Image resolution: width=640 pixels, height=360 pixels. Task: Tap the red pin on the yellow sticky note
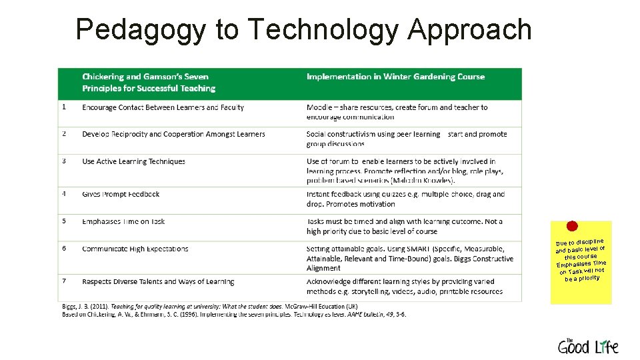[x=572, y=227]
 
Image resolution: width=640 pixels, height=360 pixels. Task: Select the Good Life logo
[x=587, y=345]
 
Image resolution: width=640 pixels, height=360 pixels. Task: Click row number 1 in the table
[x=63, y=107]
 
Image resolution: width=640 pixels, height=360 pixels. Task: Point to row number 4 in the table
[x=63, y=194]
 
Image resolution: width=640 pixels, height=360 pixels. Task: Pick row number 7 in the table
[x=63, y=281]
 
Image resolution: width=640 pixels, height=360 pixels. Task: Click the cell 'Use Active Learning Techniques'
[x=133, y=161]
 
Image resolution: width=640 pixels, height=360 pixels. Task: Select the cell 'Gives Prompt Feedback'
[x=121, y=194]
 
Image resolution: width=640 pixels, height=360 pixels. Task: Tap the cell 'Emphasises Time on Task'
[x=123, y=221]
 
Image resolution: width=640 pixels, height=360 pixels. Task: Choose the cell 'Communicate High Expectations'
[x=135, y=249]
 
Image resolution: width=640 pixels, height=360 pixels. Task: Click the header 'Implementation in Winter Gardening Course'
[x=395, y=77]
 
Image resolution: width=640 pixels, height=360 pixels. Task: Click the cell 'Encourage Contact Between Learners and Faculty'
[x=163, y=107]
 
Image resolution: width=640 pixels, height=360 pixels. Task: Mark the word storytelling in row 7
[x=363, y=291]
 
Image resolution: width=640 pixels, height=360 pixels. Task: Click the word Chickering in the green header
[x=103, y=77]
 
